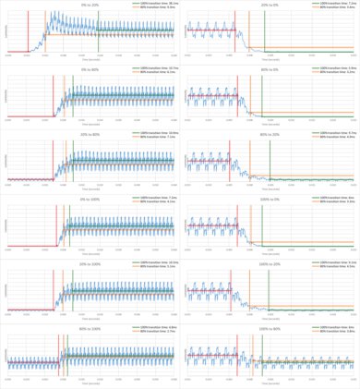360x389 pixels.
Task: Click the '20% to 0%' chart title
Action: coord(271,5)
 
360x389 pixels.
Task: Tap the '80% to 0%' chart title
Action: coord(271,69)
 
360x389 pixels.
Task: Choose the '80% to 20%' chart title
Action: coord(271,134)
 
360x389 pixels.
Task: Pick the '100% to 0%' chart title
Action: coord(271,199)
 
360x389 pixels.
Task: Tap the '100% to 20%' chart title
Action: coord(271,263)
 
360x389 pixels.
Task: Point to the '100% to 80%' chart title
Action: coord(271,328)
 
